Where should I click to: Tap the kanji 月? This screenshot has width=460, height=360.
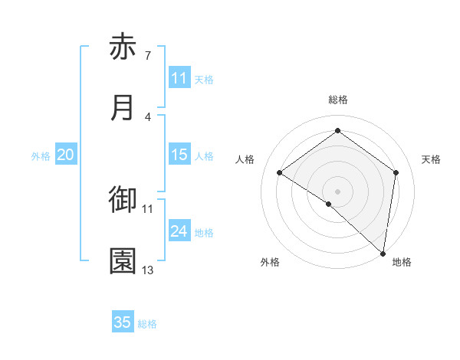[x=123, y=107]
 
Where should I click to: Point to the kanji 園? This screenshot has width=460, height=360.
[x=123, y=260]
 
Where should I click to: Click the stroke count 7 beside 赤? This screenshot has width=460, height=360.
[x=147, y=56]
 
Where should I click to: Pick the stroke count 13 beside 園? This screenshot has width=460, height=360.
[x=148, y=270]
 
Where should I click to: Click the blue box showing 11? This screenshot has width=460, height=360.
[x=179, y=78]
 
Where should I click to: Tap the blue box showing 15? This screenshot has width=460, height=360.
[x=179, y=155]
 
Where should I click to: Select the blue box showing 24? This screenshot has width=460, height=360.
[x=179, y=231]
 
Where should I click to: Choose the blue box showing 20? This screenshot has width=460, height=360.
[x=65, y=155]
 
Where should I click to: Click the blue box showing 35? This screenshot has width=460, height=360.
[x=123, y=322]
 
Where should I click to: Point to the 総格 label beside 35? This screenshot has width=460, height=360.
[x=147, y=324]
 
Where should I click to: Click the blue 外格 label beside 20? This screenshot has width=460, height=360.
[x=41, y=156]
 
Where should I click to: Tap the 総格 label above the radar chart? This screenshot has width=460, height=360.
[x=338, y=100]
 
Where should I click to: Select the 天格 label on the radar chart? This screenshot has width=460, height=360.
[x=431, y=159]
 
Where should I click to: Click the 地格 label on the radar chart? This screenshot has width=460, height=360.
[x=402, y=262]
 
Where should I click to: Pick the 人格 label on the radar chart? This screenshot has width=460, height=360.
[x=245, y=159]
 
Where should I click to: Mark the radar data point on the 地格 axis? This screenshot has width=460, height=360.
[x=383, y=253]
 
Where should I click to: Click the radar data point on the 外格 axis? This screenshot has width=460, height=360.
[x=329, y=204]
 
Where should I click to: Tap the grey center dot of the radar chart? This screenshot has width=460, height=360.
[x=338, y=191]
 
